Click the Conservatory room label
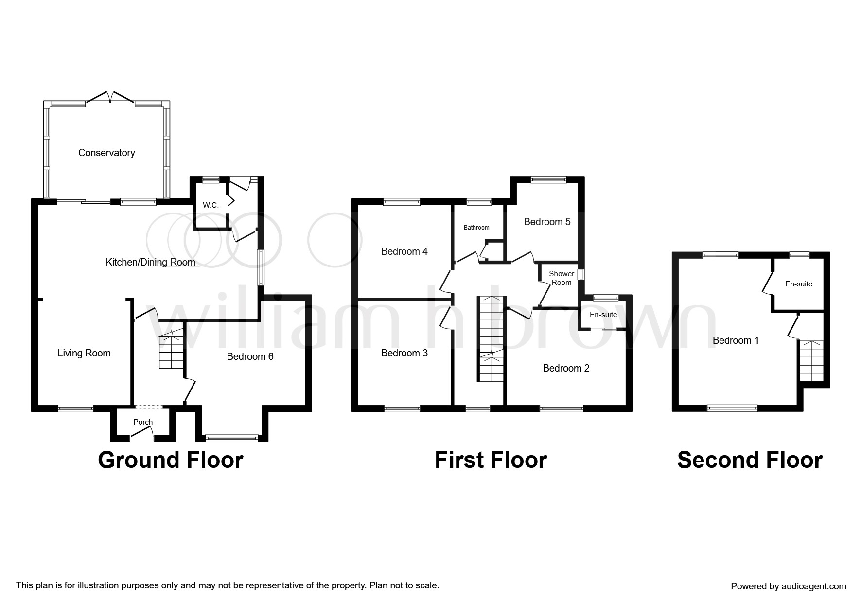pos(106,153)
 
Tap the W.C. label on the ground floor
pos(211,205)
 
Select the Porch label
pos(143,422)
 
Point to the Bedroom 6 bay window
pos(231,438)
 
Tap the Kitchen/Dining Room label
pos(150,263)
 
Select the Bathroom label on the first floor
pos(476,228)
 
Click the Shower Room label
pos(561,278)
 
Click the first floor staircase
pos(491,338)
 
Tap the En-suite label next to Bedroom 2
pos(603,315)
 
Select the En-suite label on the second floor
pos(798,284)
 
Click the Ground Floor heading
pos(170,460)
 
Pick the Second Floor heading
pos(749,460)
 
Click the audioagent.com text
pos(788,586)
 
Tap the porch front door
pos(142,438)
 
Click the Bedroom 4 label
pos(404,251)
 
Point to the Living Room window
pos(75,408)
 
